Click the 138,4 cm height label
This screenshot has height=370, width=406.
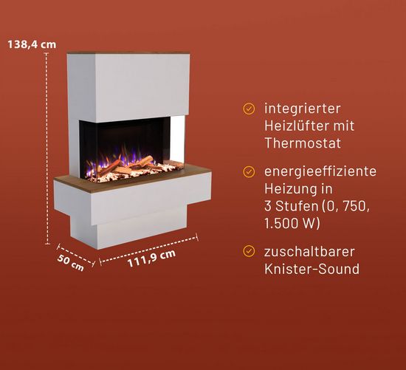(32, 44)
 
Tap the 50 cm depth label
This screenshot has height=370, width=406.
(70, 263)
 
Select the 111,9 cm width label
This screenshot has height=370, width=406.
(151, 258)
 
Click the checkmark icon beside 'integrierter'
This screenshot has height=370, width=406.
(249, 109)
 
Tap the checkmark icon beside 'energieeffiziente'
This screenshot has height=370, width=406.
(249, 171)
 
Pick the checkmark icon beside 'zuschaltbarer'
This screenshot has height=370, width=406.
(249, 251)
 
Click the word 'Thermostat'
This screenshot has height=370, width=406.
(303, 143)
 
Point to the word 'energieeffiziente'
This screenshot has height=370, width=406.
(320, 171)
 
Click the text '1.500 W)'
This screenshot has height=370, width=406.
(292, 223)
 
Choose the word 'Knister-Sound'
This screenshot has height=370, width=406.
(312, 269)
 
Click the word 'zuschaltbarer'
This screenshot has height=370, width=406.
(309, 252)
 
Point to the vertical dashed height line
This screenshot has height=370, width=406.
(47, 148)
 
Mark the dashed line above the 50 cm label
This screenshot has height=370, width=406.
(76, 255)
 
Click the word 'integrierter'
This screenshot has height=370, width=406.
(302, 109)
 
